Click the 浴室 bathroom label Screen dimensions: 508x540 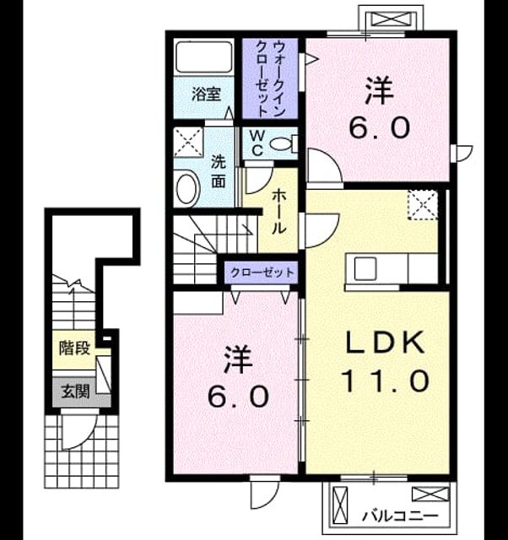pos(206,94)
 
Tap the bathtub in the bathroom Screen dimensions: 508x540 pos(204,57)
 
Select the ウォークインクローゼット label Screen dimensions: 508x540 pos(270,78)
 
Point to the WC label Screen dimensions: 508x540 pos(257,143)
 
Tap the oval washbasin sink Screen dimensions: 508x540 pos(187,189)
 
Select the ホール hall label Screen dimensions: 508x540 pos(278,212)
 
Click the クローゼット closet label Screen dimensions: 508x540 pos(262,273)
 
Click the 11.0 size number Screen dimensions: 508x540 pos(385,381)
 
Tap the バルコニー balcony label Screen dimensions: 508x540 pos(400,516)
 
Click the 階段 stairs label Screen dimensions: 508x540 pos(74,348)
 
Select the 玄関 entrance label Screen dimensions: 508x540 pos(75,391)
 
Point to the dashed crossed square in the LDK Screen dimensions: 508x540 pos(423,204)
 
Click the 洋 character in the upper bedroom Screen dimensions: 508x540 pos(379,90)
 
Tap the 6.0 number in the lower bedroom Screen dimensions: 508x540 pos(238,396)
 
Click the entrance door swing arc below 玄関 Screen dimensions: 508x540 pos(86,439)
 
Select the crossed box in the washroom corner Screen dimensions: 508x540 pos(188,143)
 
